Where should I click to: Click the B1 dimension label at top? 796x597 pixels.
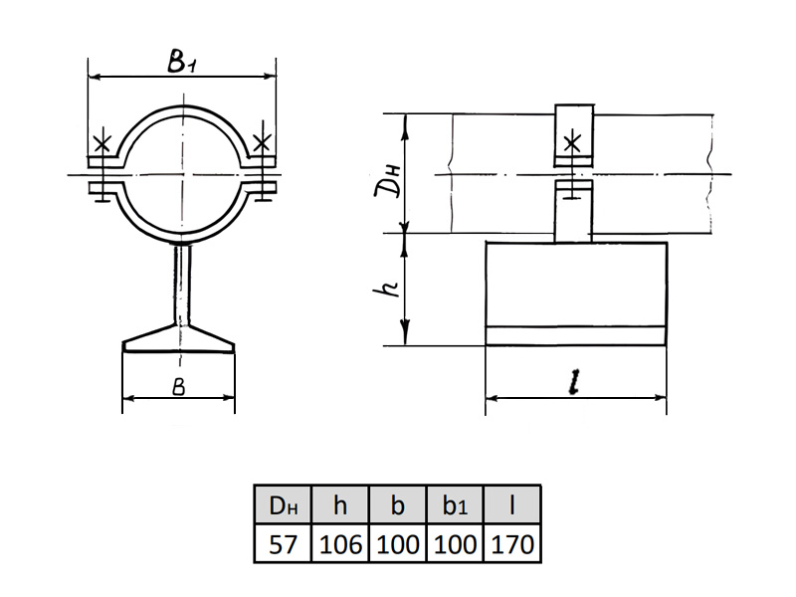pos(182,61)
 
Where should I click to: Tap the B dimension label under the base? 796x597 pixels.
pos(179,387)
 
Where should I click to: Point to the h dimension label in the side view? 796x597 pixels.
pos(387,289)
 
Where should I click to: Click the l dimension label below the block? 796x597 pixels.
pos(574,382)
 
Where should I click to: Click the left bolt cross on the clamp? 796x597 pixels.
pos(102,144)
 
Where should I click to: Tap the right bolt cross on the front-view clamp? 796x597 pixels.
pos(262,142)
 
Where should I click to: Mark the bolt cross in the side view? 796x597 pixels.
pos(573,144)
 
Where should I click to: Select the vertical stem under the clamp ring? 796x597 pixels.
pos(182,286)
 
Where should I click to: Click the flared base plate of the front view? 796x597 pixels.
pos(179,340)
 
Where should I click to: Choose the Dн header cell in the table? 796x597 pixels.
pos(283,505)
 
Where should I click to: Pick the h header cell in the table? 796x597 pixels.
pos(340,505)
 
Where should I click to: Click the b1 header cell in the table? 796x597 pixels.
pos(455,505)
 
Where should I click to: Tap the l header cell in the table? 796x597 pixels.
pos(512,505)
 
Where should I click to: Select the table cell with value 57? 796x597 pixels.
pos(283,544)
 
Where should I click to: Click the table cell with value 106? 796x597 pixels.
pos(340,544)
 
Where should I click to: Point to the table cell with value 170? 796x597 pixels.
pos(512,544)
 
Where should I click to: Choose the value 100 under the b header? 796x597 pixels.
pos(397,544)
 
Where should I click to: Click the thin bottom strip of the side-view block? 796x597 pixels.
pos(576,336)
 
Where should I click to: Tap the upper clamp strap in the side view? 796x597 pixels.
pos(574,135)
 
